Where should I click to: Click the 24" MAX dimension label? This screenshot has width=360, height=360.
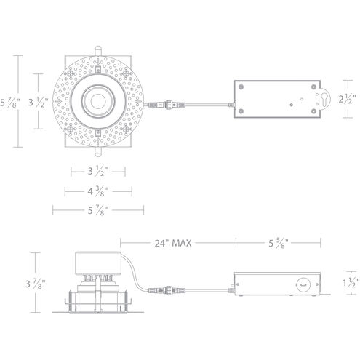coord(172,244)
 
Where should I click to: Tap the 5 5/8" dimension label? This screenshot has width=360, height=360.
coord(279,244)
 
